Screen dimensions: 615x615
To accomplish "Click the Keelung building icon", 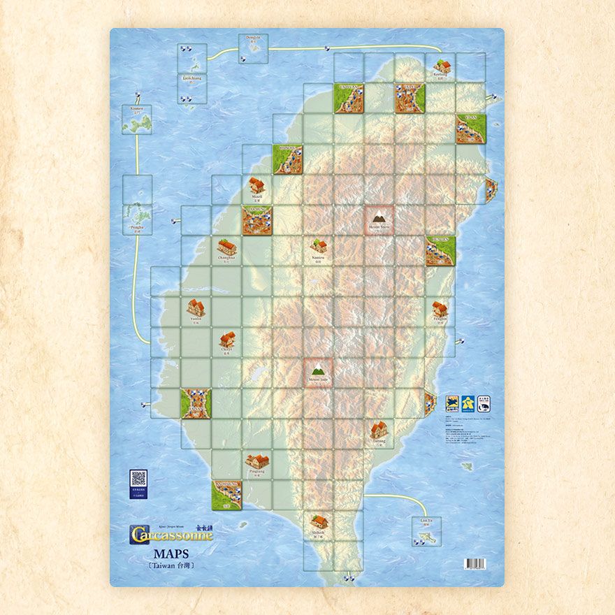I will pos(442,67).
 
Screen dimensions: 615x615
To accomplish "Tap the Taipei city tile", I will pos(410,99).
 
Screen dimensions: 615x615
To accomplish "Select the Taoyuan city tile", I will pos(348,99).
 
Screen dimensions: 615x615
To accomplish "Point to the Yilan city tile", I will pos(471,129).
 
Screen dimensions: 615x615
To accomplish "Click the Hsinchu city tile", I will pos(287,159).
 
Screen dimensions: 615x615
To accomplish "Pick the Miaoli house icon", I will pos(256,185).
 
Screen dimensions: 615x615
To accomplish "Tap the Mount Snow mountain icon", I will pos(379,218).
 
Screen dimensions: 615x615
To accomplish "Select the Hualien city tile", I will pos(440,251).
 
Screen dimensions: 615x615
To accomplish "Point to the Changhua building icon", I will pos(226,247).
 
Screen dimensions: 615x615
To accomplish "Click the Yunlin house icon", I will pos(195,307).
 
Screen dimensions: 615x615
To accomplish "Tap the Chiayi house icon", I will pos(226,339).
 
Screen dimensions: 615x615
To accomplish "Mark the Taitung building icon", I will pos(379,429).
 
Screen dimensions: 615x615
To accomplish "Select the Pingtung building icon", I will pos(257,461).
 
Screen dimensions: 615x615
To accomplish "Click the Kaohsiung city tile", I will pos(227,493).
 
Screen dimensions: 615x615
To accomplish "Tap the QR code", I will pos(138,479).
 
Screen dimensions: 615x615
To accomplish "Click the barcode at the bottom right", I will pos(475,563).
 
